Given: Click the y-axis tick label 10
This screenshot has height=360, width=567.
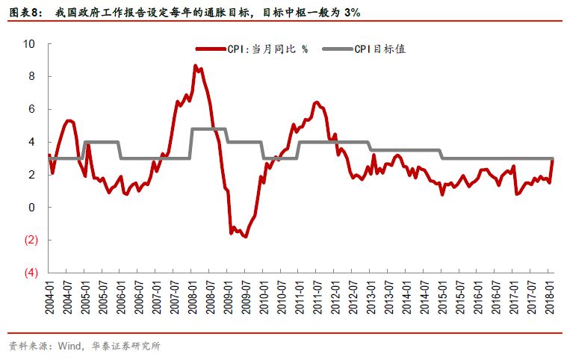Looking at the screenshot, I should click(29, 44).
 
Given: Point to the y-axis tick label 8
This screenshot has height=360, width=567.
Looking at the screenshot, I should click(32, 76).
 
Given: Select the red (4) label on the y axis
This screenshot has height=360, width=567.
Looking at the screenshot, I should click(29, 273).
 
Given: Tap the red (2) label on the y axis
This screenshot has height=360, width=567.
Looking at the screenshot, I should click(29, 240).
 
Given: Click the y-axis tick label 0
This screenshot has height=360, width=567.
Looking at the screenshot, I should click(32, 207).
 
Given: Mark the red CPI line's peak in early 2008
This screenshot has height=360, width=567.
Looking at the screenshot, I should click(196, 66).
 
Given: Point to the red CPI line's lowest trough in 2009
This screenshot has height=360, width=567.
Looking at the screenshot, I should click(245, 236).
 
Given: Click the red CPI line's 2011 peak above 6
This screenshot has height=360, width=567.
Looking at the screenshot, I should click(316, 102).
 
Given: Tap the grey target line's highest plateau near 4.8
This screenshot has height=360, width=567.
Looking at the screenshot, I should click(208, 128).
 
